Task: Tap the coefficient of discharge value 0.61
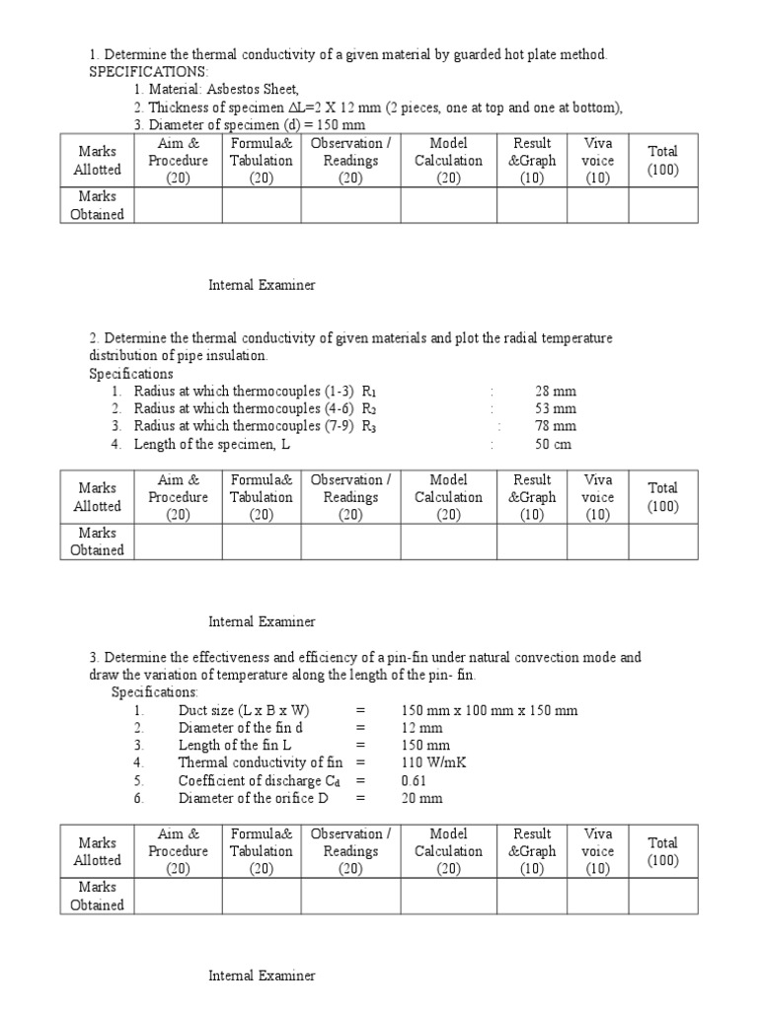[x=414, y=780]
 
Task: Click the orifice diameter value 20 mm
[x=422, y=798]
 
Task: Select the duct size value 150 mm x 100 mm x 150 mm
[x=490, y=710]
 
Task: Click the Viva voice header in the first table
[x=597, y=161]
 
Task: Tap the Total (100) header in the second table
[x=663, y=497]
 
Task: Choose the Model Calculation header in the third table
[x=448, y=851]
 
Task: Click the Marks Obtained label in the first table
[x=98, y=205]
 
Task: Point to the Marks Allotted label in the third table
[x=98, y=851]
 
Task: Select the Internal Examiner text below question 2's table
[x=262, y=621]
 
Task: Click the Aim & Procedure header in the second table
[x=178, y=497]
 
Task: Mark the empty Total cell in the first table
[x=663, y=205]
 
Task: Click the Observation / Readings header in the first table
[x=350, y=161]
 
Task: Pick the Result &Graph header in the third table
[x=532, y=851]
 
